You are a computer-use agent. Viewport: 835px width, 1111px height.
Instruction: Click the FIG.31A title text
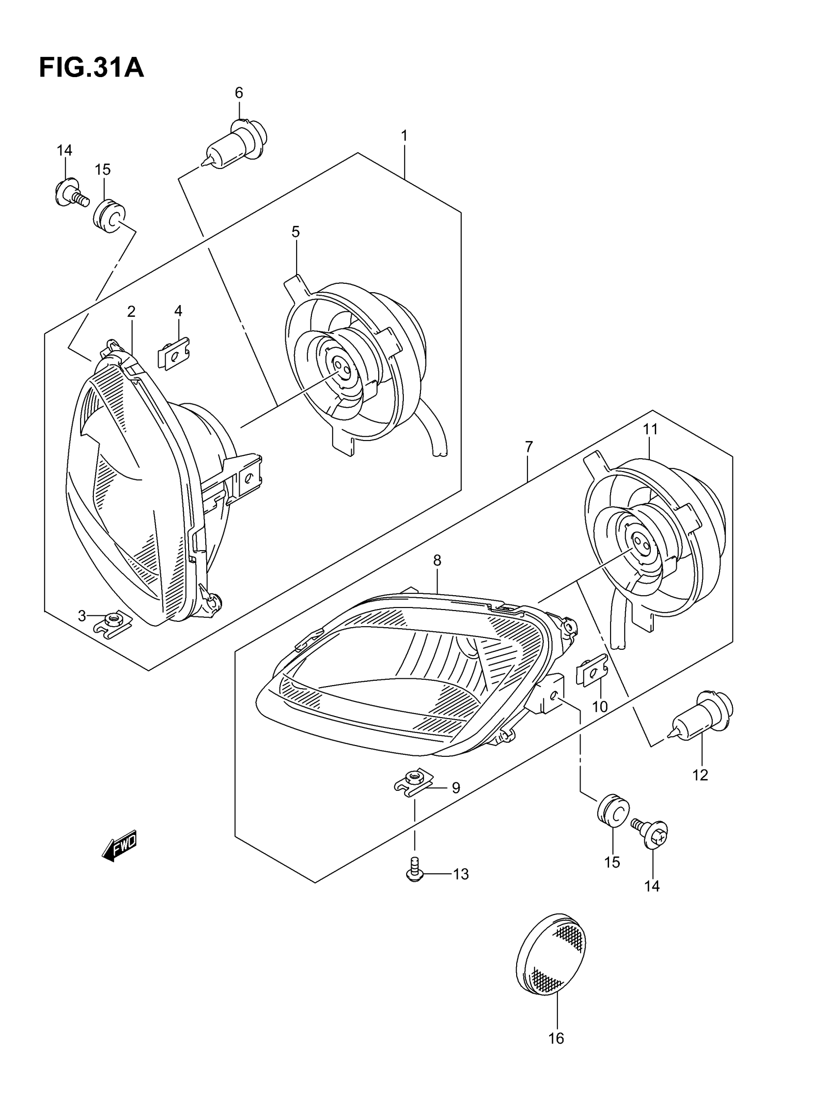click(91, 68)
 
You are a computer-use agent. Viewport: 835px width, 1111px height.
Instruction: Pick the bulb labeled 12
click(702, 724)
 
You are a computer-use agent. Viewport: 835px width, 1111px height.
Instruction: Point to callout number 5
click(295, 232)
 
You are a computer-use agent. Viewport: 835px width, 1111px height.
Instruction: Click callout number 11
click(650, 429)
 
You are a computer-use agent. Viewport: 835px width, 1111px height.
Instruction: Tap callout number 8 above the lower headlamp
click(437, 560)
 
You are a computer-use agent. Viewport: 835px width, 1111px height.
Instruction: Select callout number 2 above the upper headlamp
click(131, 312)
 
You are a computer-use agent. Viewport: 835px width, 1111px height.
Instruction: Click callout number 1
click(404, 136)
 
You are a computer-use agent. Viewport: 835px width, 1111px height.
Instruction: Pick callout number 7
click(529, 447)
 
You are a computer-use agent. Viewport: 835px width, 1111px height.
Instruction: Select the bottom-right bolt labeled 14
click(652, 834)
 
